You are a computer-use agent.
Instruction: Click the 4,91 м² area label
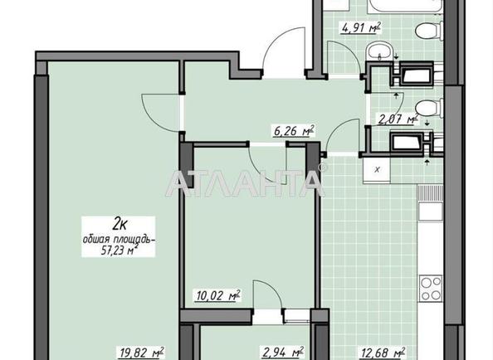point(359,26)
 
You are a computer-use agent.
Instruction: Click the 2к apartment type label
point(120,221)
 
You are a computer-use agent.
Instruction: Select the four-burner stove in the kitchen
point(431,288)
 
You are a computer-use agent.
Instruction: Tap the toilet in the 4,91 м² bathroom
point(429,32)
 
